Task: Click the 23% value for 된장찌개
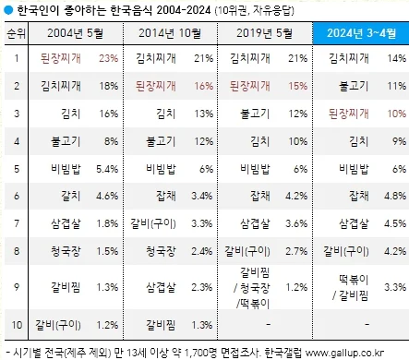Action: (108, 59)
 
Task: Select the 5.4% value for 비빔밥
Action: (106, 169)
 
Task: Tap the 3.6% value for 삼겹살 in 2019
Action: (295, 223)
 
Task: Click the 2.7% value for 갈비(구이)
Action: (295, 250)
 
